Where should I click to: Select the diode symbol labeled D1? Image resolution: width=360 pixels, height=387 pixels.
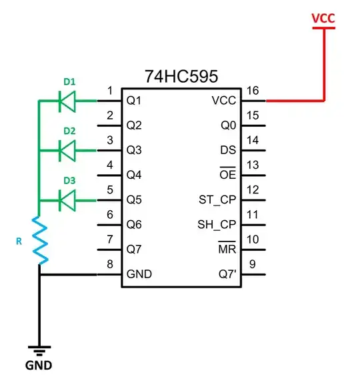pos(67,101)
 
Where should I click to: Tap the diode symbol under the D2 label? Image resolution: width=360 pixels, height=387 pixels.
pos(67,150)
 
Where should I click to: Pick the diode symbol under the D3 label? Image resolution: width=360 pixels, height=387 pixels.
pos(67,200)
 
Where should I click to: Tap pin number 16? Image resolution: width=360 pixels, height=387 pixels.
pos(252,90)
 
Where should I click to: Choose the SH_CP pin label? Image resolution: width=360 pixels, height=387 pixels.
pos(217,224)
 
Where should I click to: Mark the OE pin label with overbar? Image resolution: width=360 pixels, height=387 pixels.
pos(227,175)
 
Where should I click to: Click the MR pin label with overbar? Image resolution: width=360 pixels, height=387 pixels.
pos(226,249)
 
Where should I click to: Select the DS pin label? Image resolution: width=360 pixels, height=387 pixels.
pos(227,150)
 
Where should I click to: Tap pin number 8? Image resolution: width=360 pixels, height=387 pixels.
pos(110,264)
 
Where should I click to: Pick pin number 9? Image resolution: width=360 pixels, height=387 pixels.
pos(252,264)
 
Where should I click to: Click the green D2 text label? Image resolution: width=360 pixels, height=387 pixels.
pos(69,131)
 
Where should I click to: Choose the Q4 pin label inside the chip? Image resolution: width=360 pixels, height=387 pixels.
pos(135,175)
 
